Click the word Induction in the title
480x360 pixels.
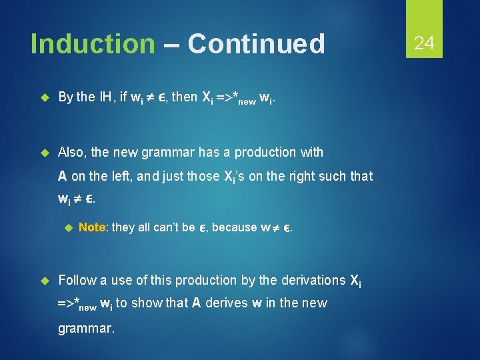(x=92, y=44)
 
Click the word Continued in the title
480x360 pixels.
(x=256, y=44)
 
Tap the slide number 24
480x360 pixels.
(x=424, y=44)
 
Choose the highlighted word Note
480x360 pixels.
(x=93, y=227)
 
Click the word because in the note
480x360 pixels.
(x=234, y=227)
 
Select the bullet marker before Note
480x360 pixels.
(x=67, y=227)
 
